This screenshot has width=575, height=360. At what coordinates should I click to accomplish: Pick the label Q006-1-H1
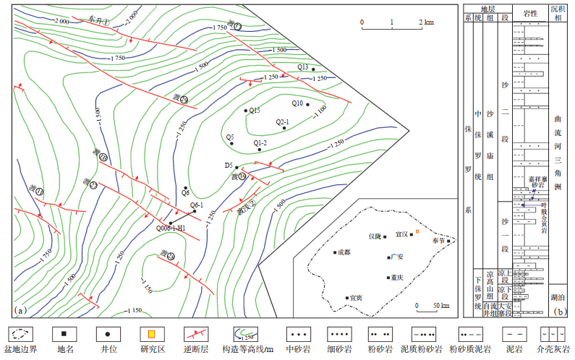pyautogui.click(x=171, y=228)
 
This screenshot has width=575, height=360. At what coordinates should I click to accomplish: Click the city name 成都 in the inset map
pyautogui.click(x=341, y=252)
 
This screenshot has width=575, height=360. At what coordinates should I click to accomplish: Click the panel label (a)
pyautogui.click(x=20, y=310)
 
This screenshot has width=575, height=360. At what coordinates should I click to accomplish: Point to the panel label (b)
pyautogui.click(x=558, y=312)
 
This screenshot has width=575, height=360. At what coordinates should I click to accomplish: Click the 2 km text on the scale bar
pyautogui.click(x=426, y=22)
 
